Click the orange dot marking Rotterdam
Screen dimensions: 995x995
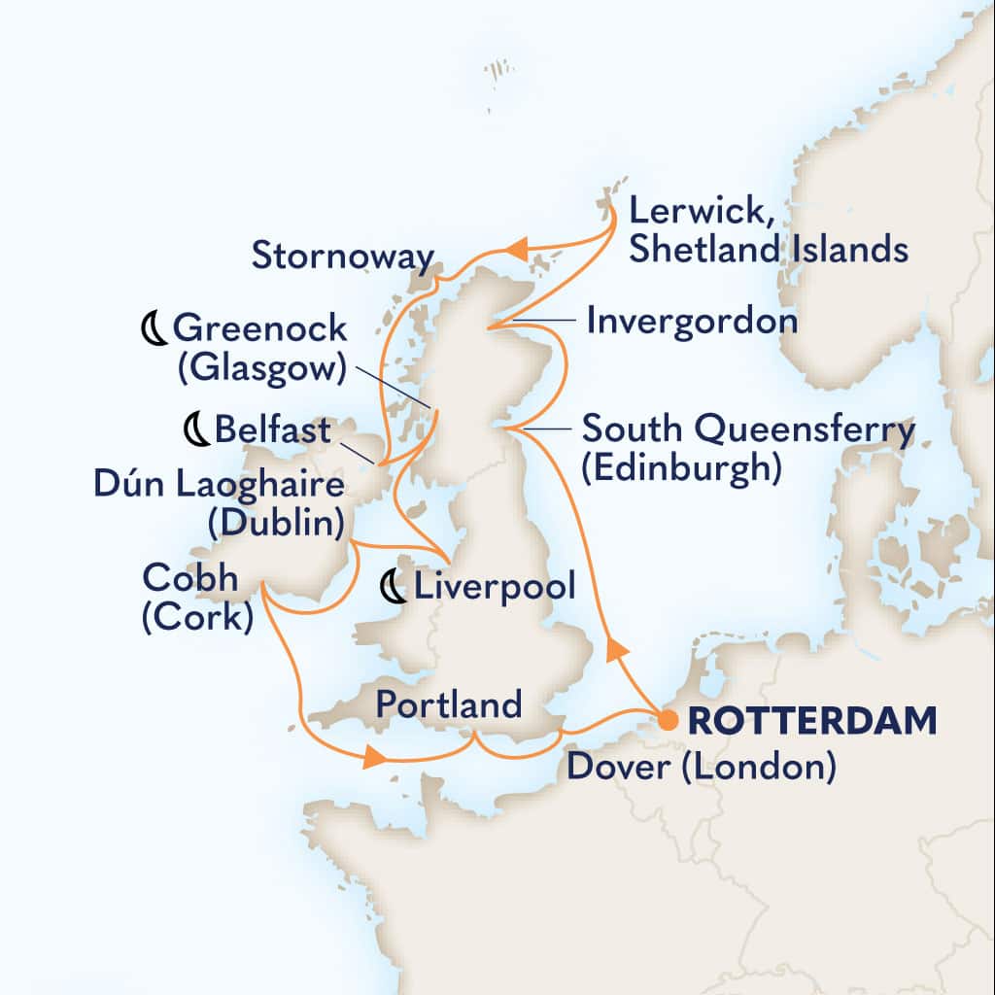pyautogui.click(x=669, y=721)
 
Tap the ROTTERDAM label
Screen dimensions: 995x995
pyautogui.click(x=812, y=722)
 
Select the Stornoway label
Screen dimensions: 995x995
pyautogui.click(x=342, y=257)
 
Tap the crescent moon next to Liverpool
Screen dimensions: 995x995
pyautogui.click(x=394, y=587)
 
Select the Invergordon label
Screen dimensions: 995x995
pyautogui.click(x=692, y=321)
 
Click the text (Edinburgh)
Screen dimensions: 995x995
pyautogui.click(x=680, y=468)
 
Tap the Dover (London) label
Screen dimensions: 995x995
pyautogui.click(x=701, y=769)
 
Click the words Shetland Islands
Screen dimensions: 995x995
pyautogui.click(x=768, y=250)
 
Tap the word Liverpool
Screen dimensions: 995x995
pyautogui.click(x=495, y=587)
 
